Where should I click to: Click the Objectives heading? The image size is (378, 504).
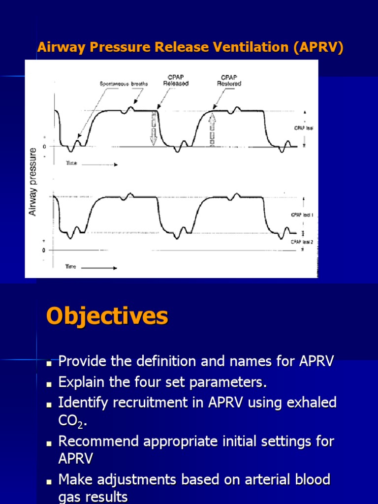pos(107,316)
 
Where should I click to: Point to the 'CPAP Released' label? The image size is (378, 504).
pos(176,81)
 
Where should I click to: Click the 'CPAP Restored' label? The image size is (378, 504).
pos(229,81)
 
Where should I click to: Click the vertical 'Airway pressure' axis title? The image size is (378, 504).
pos(33,182)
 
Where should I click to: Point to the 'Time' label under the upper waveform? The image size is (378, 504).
pos(72,163)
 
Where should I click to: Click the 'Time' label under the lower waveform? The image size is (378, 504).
pos(71,267)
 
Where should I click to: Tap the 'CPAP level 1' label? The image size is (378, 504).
pos(302,215)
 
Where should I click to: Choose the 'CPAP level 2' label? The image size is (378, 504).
pos(302,242)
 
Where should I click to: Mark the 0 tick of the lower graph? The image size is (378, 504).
pos(44,250)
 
